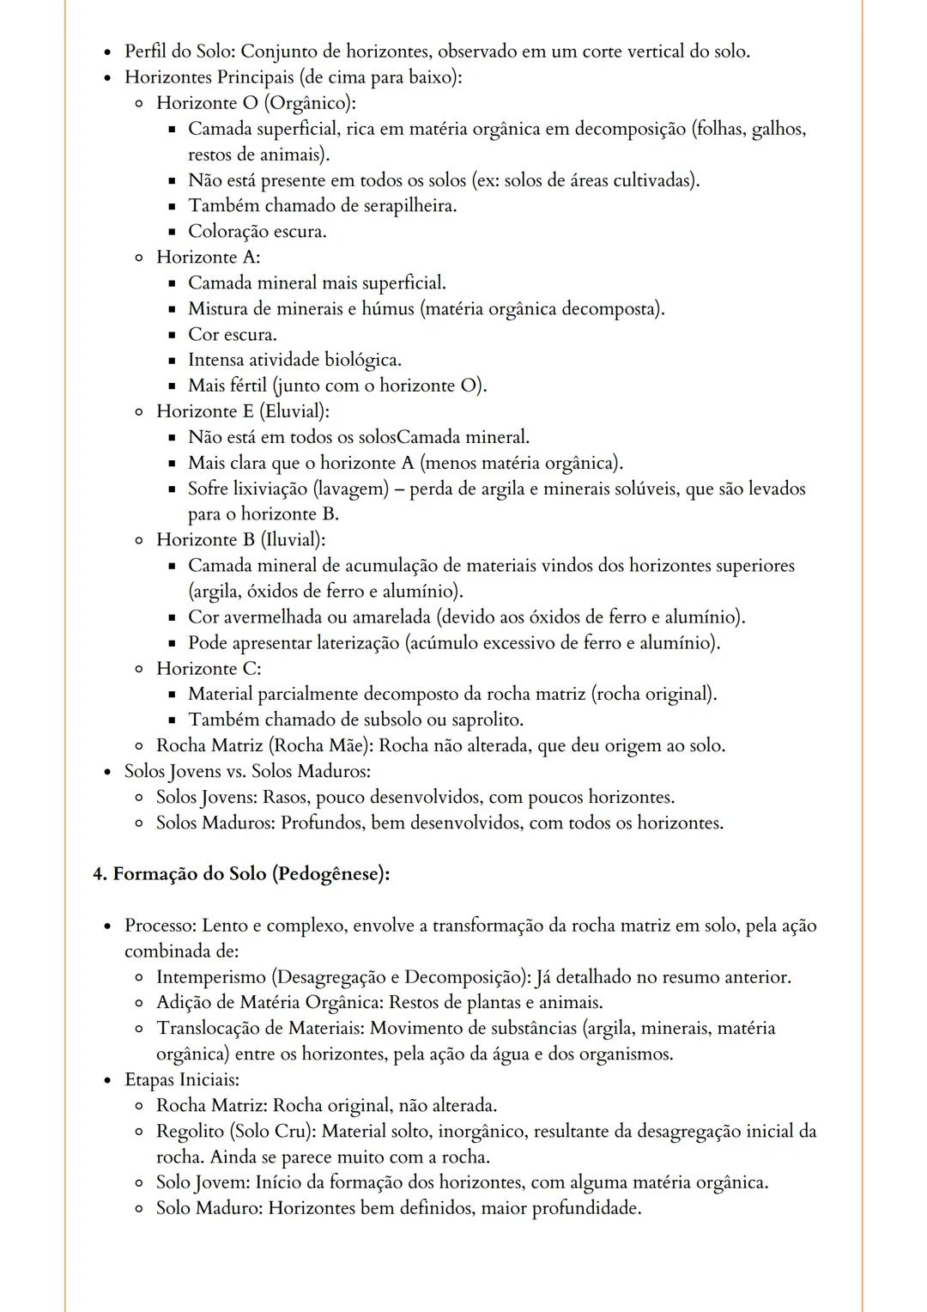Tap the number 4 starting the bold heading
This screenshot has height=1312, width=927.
click(98, 874)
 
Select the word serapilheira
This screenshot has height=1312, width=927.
click(407, 206)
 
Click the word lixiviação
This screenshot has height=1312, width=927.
click(267, 489)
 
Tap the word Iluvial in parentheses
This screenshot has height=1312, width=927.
click(292, 540)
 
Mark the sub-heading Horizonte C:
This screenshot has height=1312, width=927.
click(209, 668)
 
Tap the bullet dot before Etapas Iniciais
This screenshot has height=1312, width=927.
click(107, 1080)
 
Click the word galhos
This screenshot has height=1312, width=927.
click(778, 129)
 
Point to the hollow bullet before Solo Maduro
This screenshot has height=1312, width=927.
click(139, 1209)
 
